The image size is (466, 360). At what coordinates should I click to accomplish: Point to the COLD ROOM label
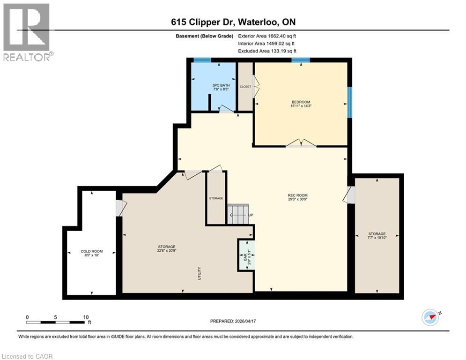[x=91, y=254]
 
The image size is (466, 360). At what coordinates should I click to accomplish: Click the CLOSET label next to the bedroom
[x=245, y=87]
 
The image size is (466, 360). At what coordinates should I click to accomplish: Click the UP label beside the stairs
[x=251, y=215]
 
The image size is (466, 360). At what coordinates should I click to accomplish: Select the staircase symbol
[x=237, y=214]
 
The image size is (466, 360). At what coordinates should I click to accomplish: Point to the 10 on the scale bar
[x=86, y=317]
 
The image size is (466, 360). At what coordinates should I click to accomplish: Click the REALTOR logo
[x=27, y=32]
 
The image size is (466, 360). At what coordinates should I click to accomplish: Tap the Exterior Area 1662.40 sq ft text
[x=267, y=36]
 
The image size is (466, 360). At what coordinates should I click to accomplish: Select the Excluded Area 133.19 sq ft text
[x=267, y=51]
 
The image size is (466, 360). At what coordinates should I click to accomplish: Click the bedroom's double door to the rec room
[x=301, y=144]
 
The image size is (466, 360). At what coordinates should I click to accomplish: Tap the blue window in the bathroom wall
[x=202, y=60]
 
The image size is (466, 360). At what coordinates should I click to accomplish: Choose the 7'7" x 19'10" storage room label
[x=377, y=236]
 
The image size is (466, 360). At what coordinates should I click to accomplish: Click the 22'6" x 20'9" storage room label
[x=166, y=249]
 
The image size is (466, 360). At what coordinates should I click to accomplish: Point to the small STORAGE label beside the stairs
[x=216, y=198]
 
